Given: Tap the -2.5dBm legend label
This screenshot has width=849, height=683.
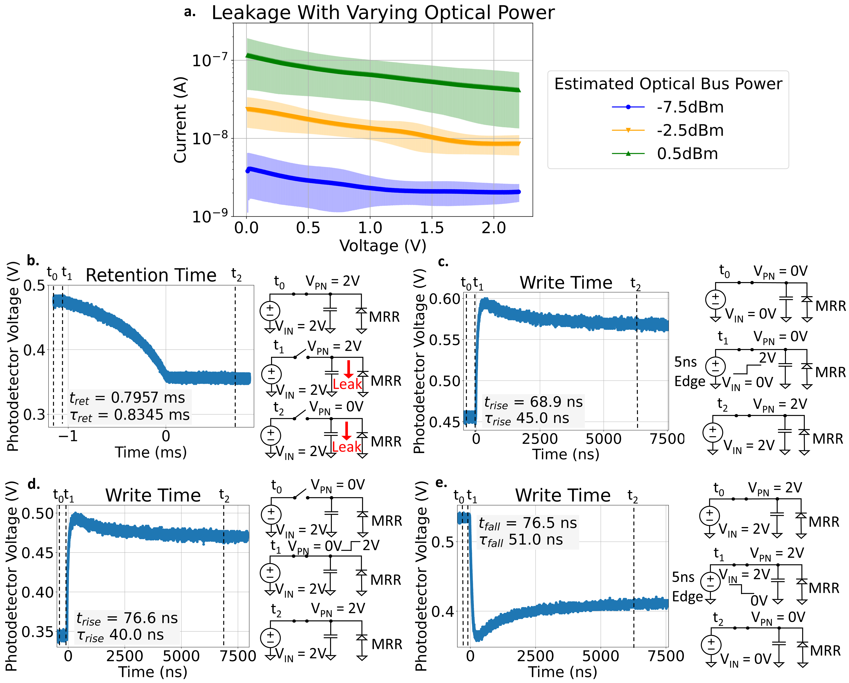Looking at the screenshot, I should pos(690,130).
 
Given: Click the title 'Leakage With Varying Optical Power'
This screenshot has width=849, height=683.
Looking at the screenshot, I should pos(383,13).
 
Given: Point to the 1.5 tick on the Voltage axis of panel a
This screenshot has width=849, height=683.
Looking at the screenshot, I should pos(432,228).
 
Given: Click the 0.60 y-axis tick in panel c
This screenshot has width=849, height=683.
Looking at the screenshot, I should pos(445,299).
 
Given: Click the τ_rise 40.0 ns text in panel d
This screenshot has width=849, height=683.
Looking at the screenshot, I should pos(120,635).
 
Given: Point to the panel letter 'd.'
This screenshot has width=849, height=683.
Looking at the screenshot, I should pos(34,484).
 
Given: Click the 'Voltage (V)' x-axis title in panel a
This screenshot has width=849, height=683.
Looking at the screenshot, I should pos(383,246).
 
